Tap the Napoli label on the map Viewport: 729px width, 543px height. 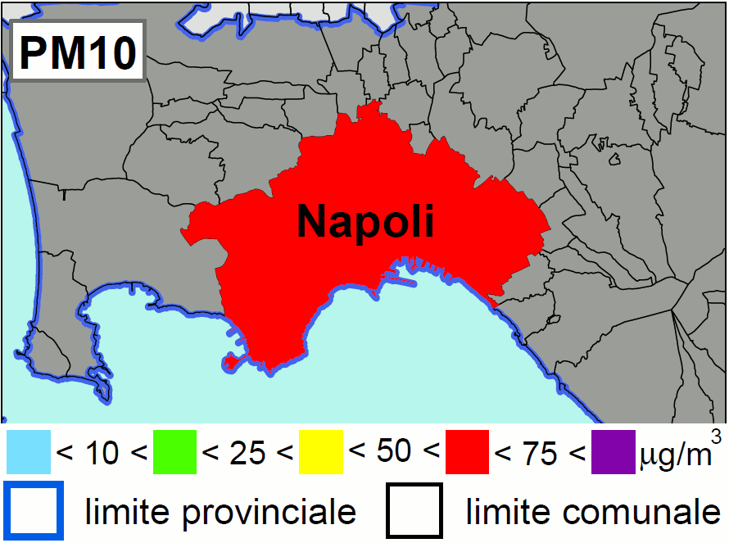[x=364, y=221]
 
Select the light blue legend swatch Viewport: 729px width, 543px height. [x=29, y=453]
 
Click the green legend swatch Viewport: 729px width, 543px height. [x=174, y=453]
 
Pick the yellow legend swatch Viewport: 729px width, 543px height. [x=321, y=453]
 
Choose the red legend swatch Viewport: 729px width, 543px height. [x=467, y=453]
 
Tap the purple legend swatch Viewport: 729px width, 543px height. [x=614, y=453]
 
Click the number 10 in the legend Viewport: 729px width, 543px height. [x=102, y=453]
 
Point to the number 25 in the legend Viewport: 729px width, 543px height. [x=247, y=453]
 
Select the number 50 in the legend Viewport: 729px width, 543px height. [x=393, y=451]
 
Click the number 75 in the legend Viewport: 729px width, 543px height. [x=539, y=453]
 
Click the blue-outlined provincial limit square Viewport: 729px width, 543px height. [x=34, y=511]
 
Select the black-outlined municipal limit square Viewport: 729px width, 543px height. [x=414, y=511]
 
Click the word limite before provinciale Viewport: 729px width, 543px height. [x=125, y=511]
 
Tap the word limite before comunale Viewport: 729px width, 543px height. [x=505, y=511]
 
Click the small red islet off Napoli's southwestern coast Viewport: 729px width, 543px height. [x=229, y=361]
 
